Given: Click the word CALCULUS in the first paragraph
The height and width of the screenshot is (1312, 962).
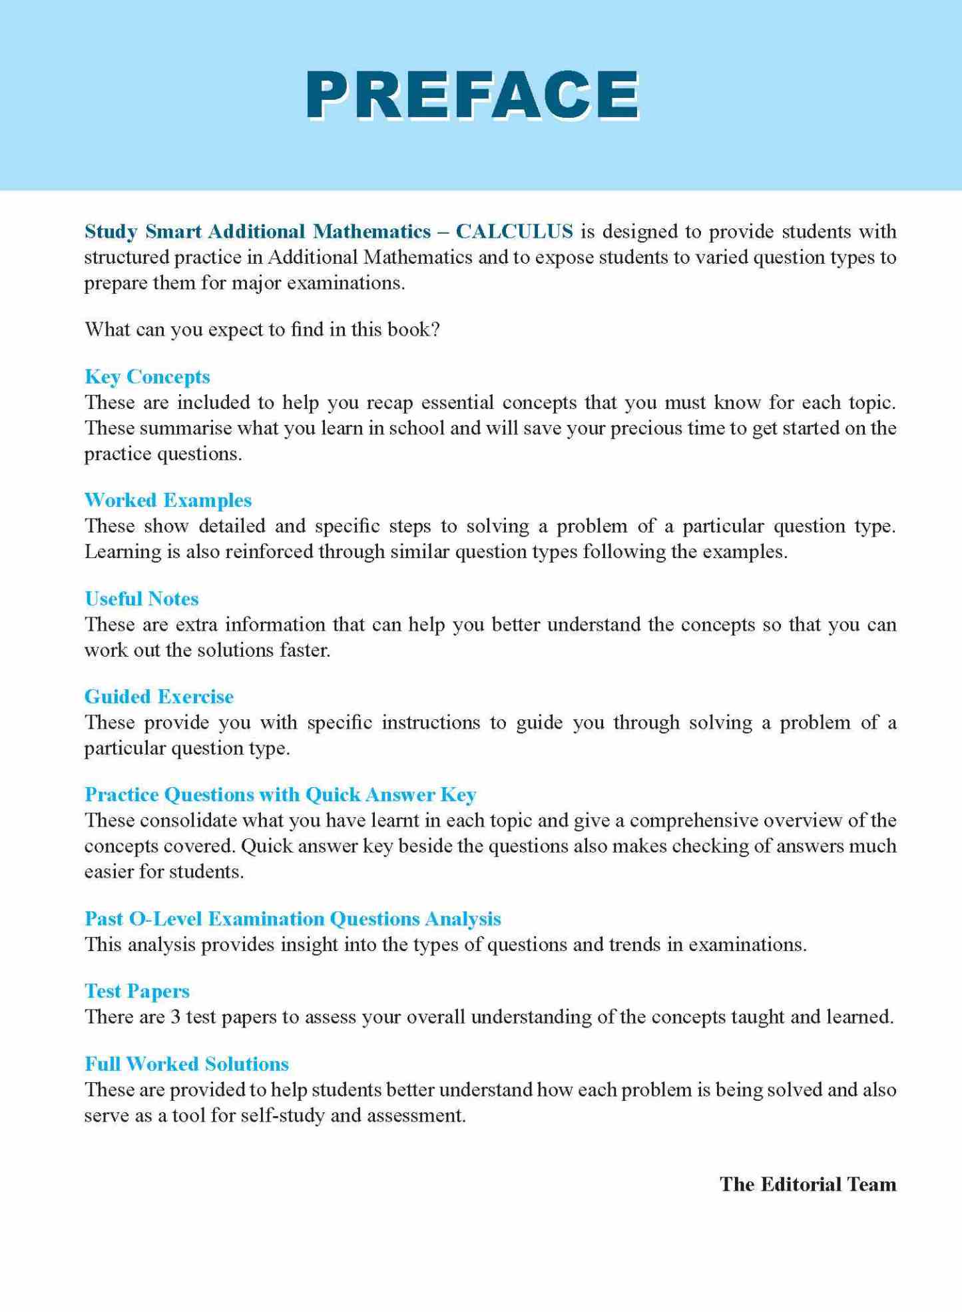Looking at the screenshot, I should pos(514,231).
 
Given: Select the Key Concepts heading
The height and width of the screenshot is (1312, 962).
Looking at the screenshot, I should pos(147,377).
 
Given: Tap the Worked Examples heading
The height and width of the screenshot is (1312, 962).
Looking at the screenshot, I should pos(168,500).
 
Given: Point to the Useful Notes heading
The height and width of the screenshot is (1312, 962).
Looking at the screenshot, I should pos(142,599).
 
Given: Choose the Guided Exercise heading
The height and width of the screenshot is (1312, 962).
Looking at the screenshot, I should pos(159,697).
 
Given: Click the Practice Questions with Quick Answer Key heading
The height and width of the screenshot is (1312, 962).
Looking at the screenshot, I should pos(280,795).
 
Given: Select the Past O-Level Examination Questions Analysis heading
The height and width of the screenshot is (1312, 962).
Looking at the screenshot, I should pos(292,918).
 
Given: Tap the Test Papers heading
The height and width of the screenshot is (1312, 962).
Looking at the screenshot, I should pos(137,991).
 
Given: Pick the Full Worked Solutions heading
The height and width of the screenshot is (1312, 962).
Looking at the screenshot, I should pos(186,1064).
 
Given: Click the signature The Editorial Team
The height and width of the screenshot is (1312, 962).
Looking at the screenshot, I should pos(808,1184).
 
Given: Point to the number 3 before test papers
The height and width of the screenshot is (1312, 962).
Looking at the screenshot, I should pos(175,1017).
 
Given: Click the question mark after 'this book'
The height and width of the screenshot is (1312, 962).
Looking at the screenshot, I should pos(435,330).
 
